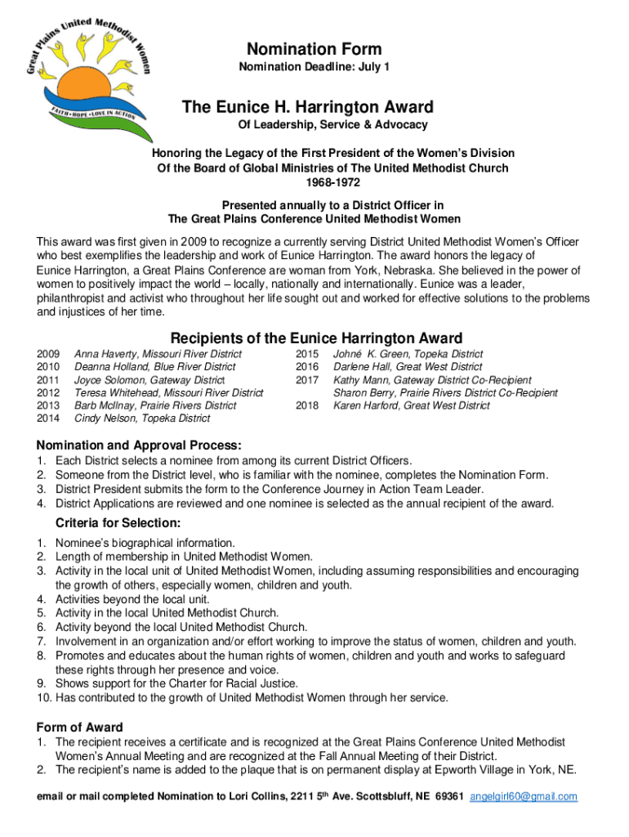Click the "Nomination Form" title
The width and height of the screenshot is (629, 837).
point(314,50)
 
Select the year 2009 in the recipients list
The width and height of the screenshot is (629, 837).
point(48,354)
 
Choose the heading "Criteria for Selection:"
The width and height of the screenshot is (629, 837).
point(118,523)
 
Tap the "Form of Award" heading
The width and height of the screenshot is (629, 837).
point(80,727)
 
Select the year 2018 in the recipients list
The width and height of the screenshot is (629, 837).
point(307,405)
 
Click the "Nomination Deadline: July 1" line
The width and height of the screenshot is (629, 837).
point(314,66)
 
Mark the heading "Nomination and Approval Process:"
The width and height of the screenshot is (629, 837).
point(139,445)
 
